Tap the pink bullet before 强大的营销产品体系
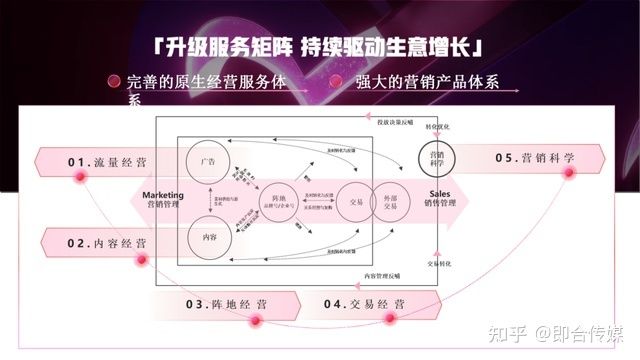334,82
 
